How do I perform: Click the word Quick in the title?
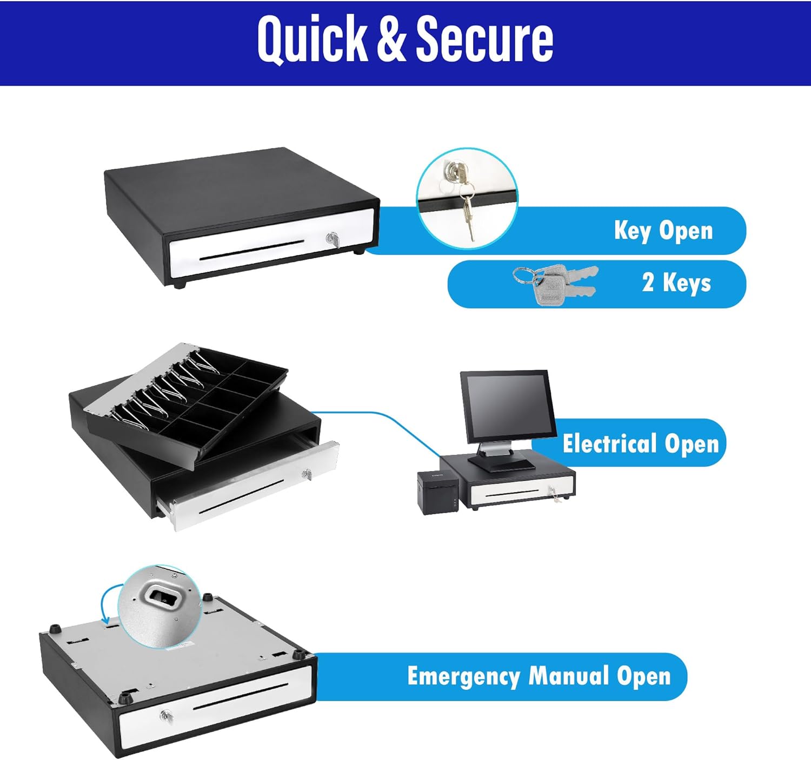tap(312, 39)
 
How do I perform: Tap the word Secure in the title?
tap(484, 39)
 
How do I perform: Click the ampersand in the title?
tap(391, 39)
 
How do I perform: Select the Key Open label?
tap(663, 231)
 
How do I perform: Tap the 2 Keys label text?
tap(676, 283)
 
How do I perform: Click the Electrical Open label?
tap(640, 443)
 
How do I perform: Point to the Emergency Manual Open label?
tap(539, 676)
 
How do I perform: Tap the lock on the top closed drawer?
tap(331, 239)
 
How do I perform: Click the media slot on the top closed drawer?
tap(252, 251)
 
